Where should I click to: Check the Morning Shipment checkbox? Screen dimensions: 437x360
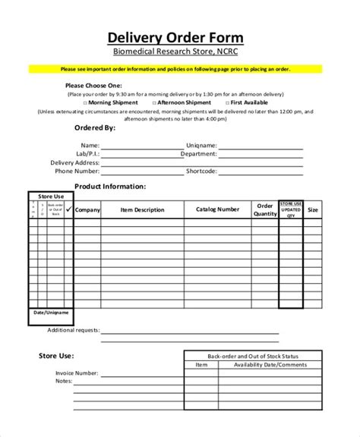tap(84, 102)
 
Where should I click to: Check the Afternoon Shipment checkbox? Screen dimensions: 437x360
tap(154, 102)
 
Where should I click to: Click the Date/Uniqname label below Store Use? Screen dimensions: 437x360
tap(51, 313)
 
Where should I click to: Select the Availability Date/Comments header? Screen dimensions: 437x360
tap(265, 365)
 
